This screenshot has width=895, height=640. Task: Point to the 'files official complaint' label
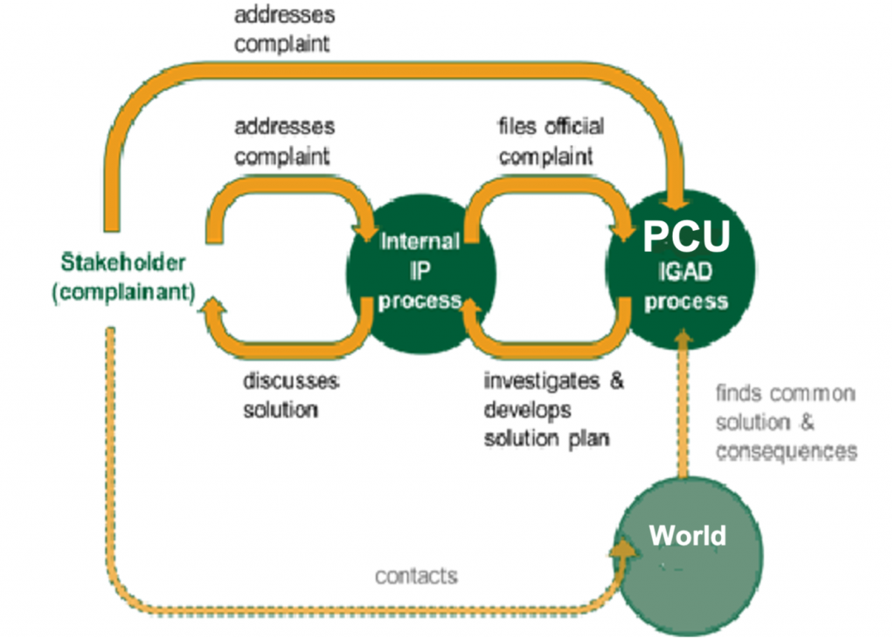click(551, 142)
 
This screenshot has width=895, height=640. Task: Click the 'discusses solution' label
click(290, 395)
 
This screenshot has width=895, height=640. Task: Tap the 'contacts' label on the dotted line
click(416, 576)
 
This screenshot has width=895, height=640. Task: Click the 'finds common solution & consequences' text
click(785, 422)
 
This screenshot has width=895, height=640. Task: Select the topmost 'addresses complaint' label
click(284, 30)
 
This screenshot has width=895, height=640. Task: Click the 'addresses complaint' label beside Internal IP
click(284, 142)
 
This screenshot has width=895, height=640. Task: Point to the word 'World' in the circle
click(687, 535)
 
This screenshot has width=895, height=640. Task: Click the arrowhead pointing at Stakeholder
click(212, 305)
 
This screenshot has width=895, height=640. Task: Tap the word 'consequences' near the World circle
click(786, 451)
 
